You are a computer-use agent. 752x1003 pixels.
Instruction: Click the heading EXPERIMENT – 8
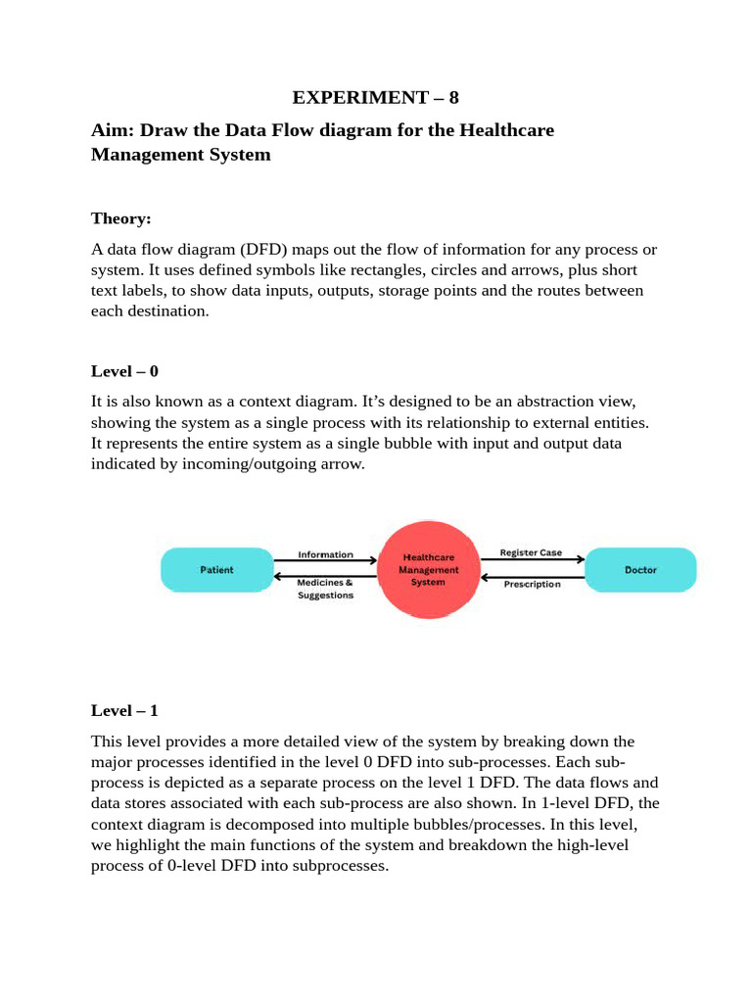[376, 97]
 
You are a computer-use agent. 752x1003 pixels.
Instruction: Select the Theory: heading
[120, 217]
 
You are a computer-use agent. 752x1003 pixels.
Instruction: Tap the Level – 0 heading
[123, 372]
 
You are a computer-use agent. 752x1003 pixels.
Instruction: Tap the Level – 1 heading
[123, 709]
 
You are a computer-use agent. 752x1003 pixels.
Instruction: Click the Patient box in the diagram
[216, 570]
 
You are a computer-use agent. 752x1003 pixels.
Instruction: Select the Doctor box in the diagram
[640, 570]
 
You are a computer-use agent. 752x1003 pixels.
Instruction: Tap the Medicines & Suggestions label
[325, 589]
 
